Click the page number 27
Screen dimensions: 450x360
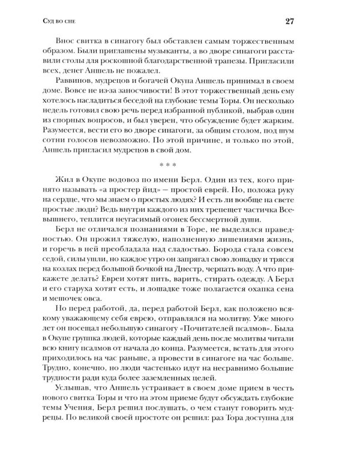[x=305, y=23]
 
